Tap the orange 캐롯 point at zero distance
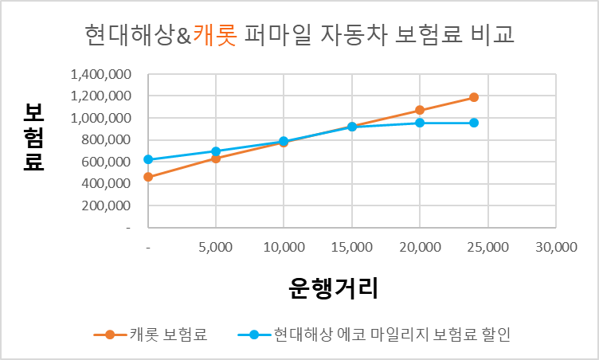(x=148, y=177)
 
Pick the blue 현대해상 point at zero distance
(x=148, y=159)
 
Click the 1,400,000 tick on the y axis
(x=100, y=75)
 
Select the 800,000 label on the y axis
(x=106, y=140)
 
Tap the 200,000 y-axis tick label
(x=106, y=205)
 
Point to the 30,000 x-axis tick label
(x=555, y=248)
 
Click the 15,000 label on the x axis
(x=351, y=248)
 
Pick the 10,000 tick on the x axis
(x=284, y=248)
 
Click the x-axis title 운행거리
(x=334, y=288)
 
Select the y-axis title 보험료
(x=33, y=138)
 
